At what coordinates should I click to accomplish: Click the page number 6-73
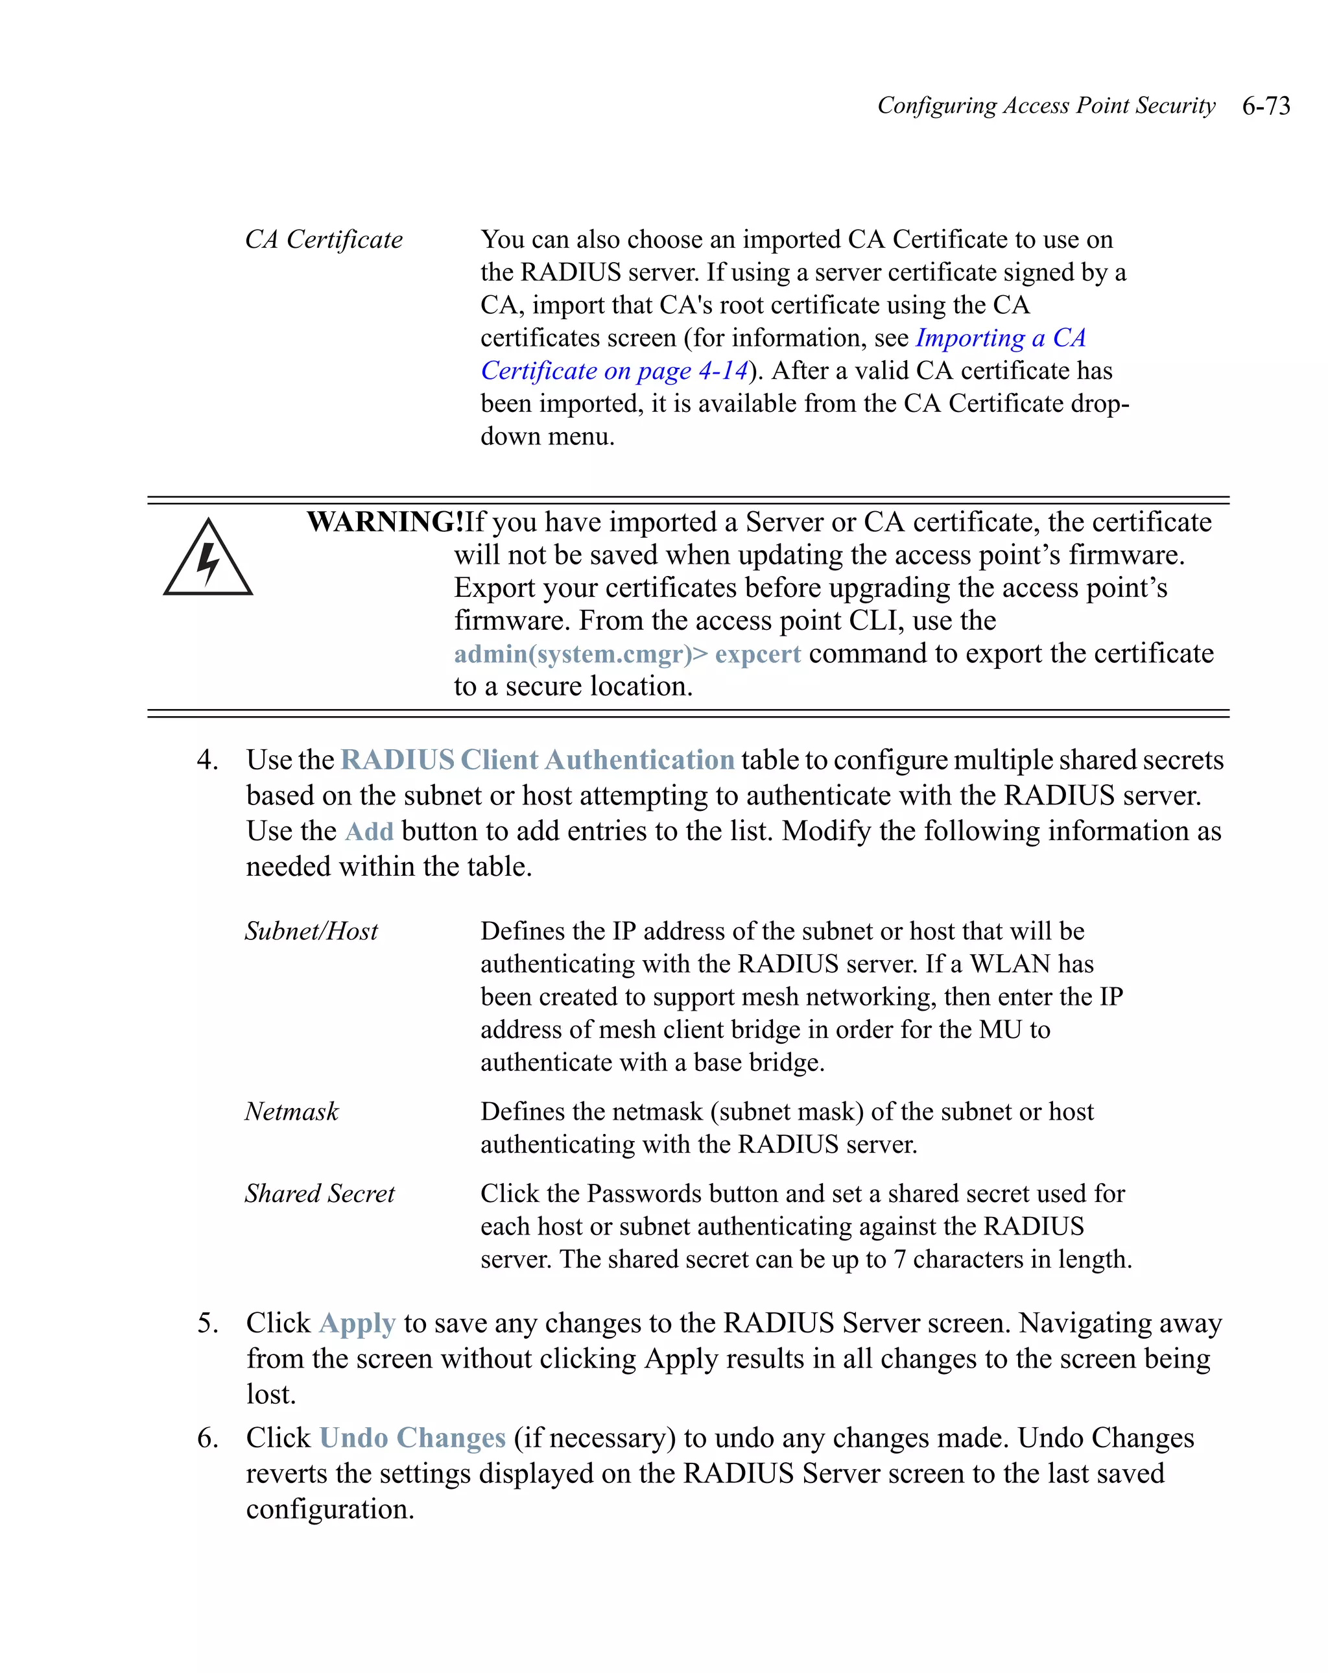coord(1265,106)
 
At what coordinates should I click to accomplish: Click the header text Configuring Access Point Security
coord(1046,106)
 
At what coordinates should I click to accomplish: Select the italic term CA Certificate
coord(324,240)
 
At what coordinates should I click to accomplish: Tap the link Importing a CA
coord(1000,339)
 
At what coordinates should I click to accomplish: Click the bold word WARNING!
coord(385,522)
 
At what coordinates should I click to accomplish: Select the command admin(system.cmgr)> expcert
coord(627,654)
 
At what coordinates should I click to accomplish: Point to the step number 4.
coord(207,760)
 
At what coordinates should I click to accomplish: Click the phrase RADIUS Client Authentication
coord(537,760)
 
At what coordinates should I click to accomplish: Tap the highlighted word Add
coord(369,831)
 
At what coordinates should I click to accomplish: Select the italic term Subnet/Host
coord(311,931)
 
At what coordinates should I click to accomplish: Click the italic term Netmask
coord(292,1112)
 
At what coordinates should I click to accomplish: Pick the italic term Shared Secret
coord(320,1194)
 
